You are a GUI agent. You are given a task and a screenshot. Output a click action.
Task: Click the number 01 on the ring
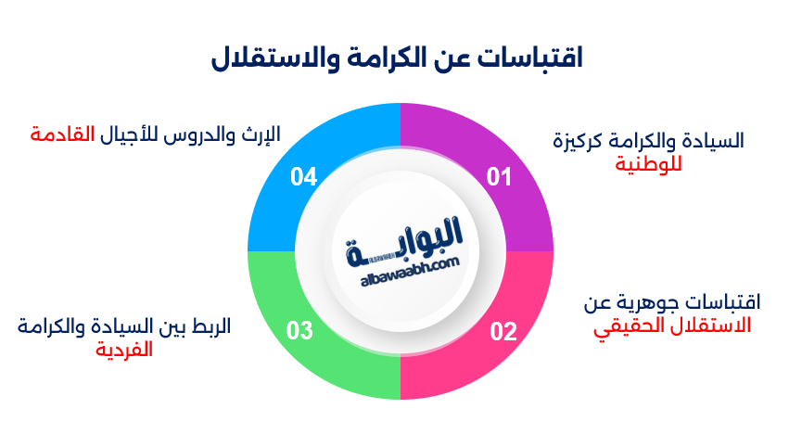(500, 176)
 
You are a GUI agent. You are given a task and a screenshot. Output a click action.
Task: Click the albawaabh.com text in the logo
(401, 265)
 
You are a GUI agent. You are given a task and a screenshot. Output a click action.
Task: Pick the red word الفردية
(125, 350)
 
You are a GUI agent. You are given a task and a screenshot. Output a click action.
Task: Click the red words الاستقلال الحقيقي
(672, 325)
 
